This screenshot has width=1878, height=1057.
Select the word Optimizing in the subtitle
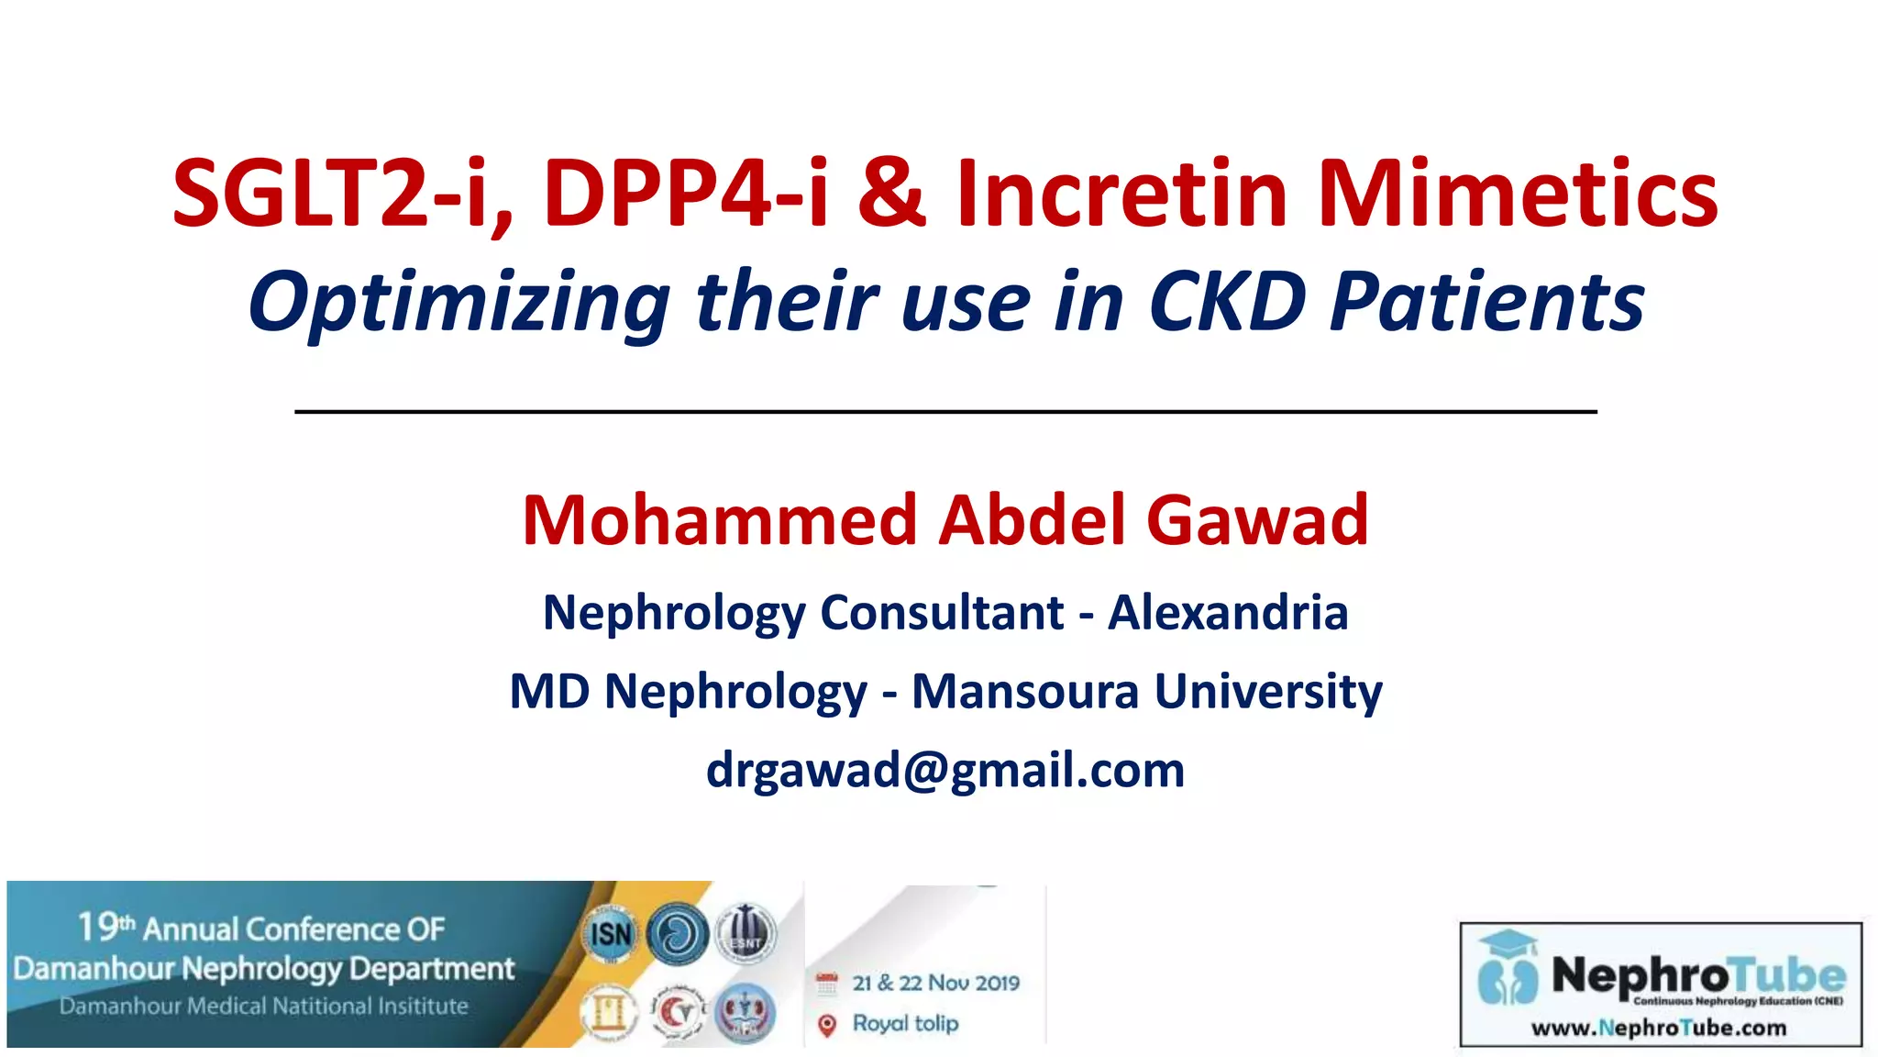click(x=458, y=303)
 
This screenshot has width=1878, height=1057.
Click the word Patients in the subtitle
click(x=1486, y=303)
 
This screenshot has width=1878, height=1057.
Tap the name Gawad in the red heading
click(x=1257, y=520)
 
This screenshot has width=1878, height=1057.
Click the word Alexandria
click(x=1228, y=613)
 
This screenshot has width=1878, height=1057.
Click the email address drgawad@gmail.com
click(x=945, y=770)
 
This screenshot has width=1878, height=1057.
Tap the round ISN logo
click(x=610, y=935)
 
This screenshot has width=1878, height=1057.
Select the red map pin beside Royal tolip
click(x=827, y=1025)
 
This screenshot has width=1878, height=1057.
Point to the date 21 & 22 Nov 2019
click(x=935, y=984)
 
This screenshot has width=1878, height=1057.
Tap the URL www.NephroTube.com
click(x=1659, y=1029)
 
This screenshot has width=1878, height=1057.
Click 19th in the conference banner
click(x=105, y=928)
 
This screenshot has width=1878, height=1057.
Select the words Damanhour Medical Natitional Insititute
click(x=264, y=1007)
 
